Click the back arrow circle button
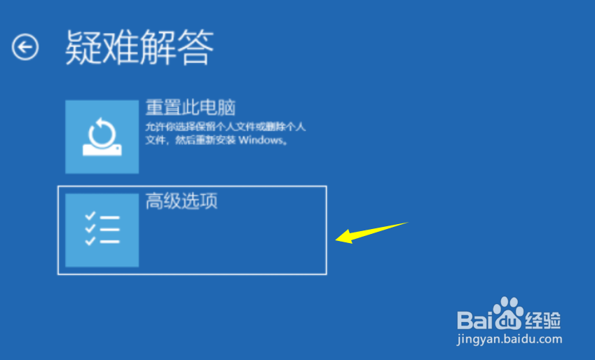pos(25,48)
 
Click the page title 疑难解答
pos(139,48)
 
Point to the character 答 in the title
pos(196,48)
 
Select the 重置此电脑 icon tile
pos(102,137)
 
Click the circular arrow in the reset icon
pos(102,130)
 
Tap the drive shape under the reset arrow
pos(102,148)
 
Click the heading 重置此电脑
pos(190,108)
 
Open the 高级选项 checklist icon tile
pos(102,230)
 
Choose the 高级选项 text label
pos(182,202)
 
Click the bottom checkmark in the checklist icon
pos(90,241)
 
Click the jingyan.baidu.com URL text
pos(510,339)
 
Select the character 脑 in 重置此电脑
pos(226,108)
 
